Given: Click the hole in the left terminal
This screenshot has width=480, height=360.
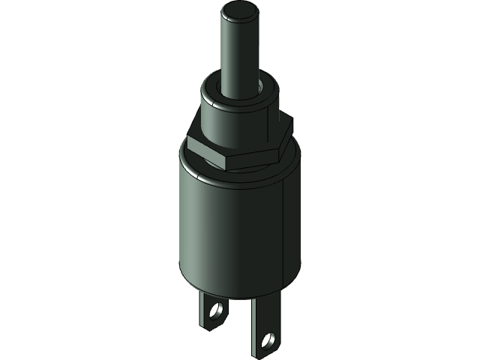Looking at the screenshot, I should [x=218, y=309].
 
